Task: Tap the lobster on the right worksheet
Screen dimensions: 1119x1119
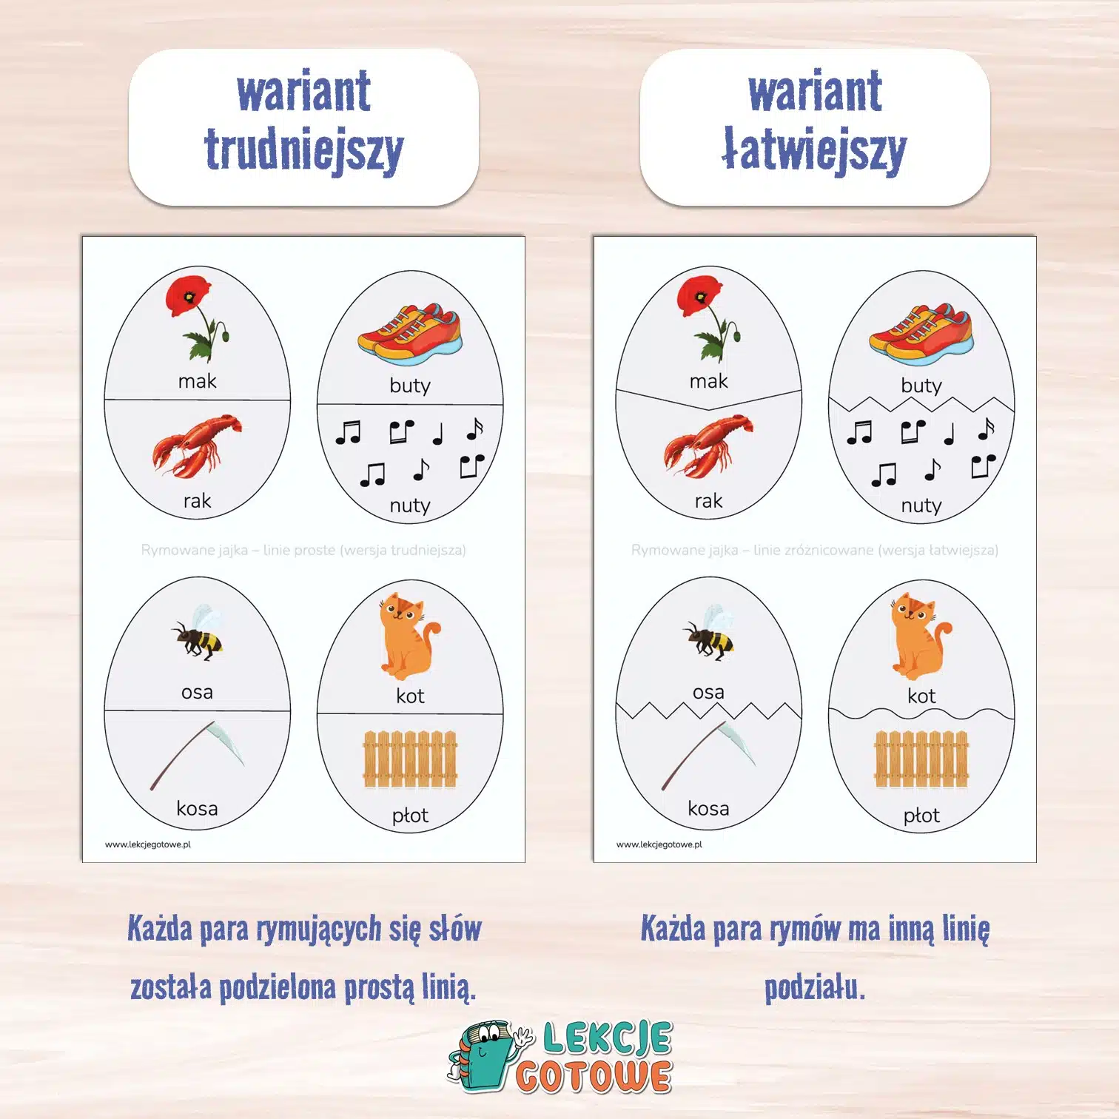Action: [708, 446]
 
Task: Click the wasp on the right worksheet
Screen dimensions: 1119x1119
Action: [709, 633]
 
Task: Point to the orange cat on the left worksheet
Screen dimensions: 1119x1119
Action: [408, 636]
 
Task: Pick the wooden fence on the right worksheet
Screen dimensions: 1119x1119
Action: [921, 759]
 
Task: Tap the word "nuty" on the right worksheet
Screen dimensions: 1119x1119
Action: [921, 505]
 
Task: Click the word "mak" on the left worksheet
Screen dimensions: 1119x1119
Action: [197, 381]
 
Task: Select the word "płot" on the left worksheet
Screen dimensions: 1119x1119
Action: [410, 816]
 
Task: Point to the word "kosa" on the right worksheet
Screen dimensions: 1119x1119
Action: [708, 808]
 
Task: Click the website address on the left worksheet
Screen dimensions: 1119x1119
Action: [148, 844]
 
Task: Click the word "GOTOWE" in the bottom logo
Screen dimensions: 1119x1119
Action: [594, 1077]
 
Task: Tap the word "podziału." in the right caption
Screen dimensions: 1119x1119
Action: [815, 987]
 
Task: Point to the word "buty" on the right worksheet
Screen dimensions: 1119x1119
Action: [921, 386]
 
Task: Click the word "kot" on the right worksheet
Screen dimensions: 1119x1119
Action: [921, 696]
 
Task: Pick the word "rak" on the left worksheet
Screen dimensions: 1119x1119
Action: [197, 501]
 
